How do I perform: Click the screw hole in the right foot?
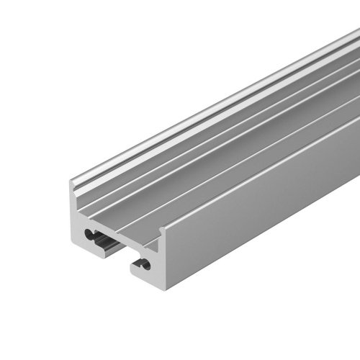pyautogui.click(x=146, y=265)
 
